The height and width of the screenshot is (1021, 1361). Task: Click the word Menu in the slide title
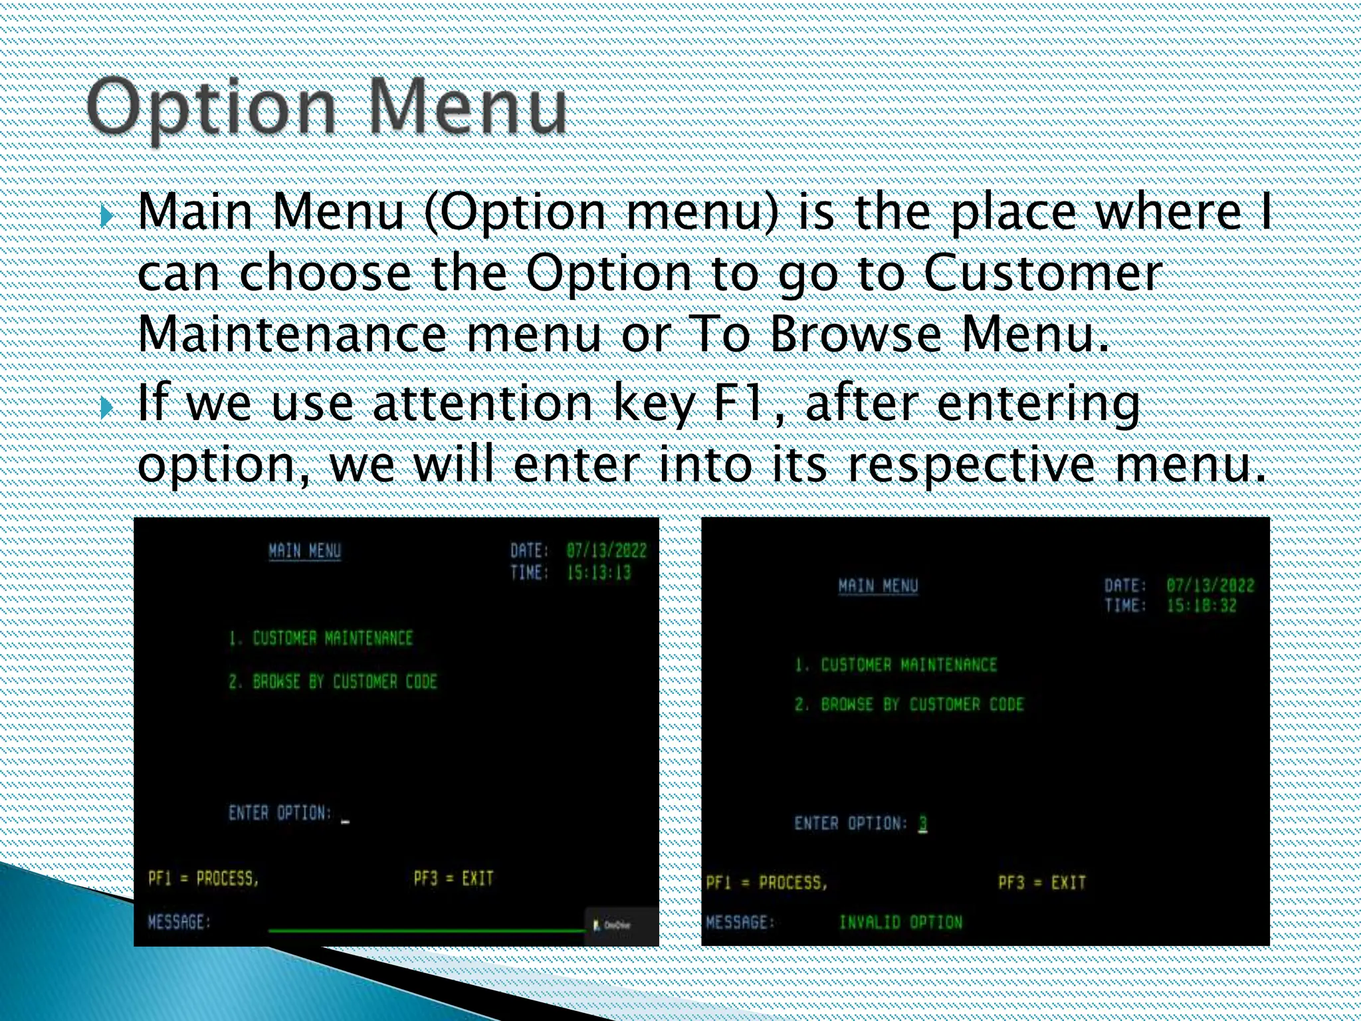tap(467, 106)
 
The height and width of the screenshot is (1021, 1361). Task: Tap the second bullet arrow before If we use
tap(107, 407)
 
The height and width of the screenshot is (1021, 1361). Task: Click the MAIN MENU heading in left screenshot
tap(304, 551)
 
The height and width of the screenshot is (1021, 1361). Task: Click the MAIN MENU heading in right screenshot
tap(878, 586)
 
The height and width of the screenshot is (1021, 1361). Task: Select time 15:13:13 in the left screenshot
tap(598, 573)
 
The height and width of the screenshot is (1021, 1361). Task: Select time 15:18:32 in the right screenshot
tap(1202, 606)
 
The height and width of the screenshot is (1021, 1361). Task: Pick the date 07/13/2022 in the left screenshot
tap(606, 550)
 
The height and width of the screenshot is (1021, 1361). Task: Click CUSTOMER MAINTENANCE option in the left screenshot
tap(332, 638)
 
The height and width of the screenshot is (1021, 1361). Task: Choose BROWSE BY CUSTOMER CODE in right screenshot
tap(922, 705)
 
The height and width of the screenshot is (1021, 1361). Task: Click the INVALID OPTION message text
tap(900, 923)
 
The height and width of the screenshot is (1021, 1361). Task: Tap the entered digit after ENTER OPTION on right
tap(922, 823)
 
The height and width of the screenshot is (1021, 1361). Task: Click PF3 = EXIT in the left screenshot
tap(453, 878)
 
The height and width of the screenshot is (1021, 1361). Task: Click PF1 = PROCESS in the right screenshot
tap(766, 883)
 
